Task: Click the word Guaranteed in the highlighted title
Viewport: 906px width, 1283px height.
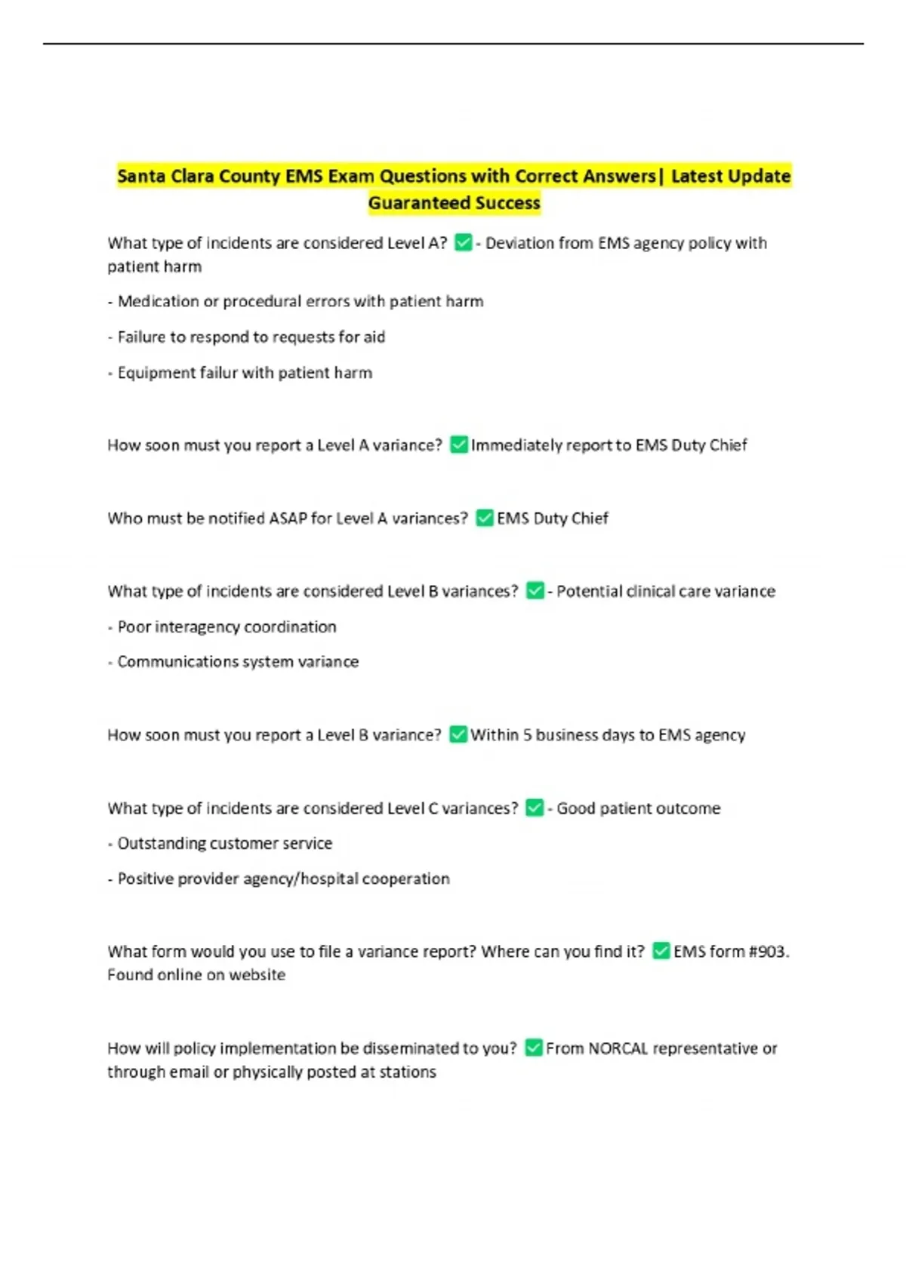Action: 408,203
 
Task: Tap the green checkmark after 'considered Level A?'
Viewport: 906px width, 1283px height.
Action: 463,242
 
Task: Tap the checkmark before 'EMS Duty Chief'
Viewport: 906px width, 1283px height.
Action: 484,518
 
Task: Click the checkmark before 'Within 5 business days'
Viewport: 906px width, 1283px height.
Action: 458,734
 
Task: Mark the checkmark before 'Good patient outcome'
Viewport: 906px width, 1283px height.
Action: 535,808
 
